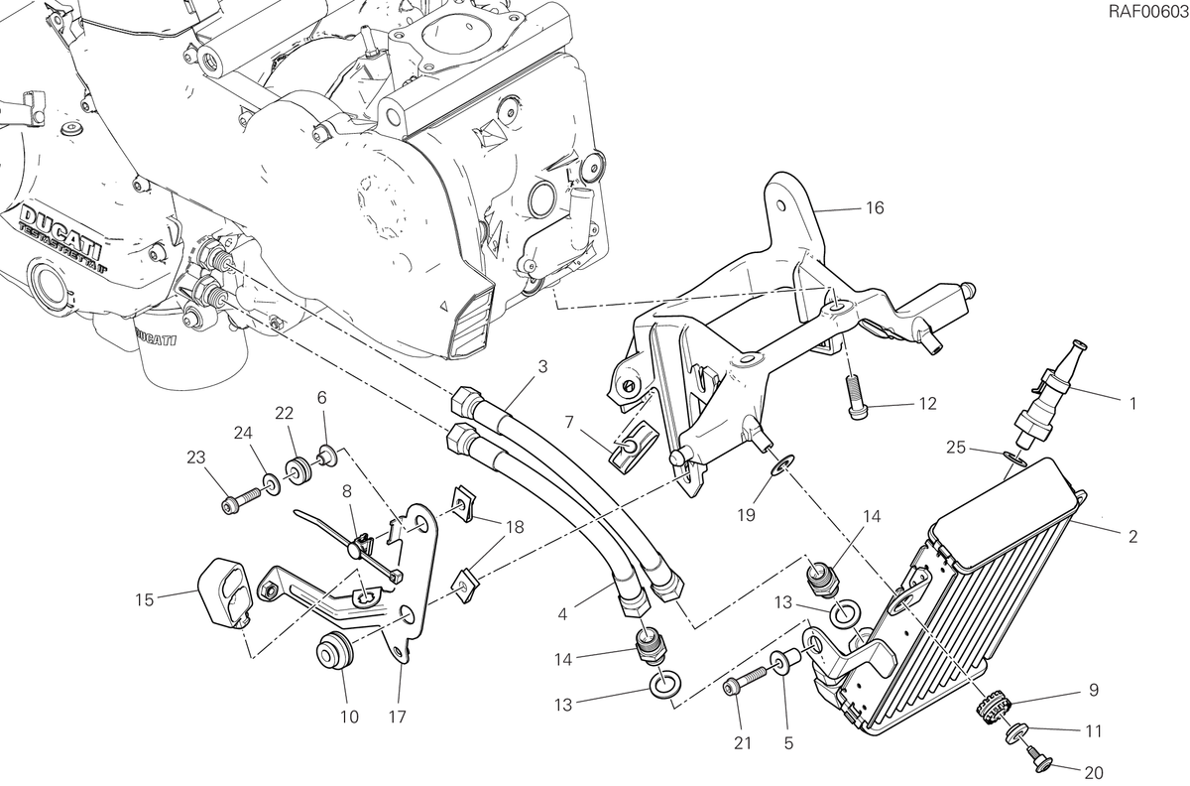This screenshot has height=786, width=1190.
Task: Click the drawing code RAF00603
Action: (x=1147, y=12)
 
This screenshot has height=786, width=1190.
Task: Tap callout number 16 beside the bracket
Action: (x=875, y=208)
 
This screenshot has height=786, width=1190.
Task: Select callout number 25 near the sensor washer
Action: (x=955, y=448)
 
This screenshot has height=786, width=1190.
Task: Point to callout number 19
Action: (x=746, y=515)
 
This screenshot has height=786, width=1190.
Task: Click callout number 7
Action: (x=569, y=423)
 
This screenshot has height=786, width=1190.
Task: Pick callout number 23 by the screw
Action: (x=196, y=458)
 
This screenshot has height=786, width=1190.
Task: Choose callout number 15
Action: (x=144, y=599)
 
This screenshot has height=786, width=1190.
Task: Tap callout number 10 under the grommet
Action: (x=349, y=717)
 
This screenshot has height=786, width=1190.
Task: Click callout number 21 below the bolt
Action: (x=743, y=743)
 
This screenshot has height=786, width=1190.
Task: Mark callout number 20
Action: (x=1094, y=772)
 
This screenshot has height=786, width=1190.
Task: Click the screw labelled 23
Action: (x=240, y=501)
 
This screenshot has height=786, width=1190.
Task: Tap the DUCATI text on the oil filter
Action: (x=157, y=339)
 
